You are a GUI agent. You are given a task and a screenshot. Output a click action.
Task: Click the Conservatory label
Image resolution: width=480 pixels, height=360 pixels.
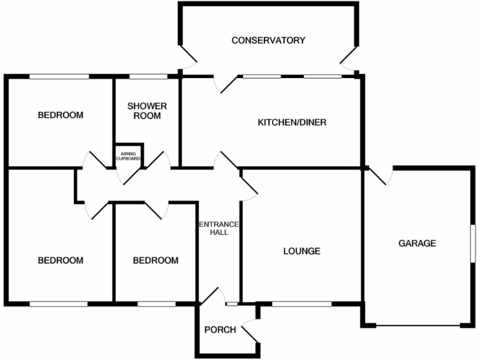pos(268,41)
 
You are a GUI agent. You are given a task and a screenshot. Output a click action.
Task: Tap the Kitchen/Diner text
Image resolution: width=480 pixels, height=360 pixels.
pos(292,122)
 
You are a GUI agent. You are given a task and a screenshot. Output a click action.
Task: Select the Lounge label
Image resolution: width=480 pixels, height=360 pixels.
pos(301,251)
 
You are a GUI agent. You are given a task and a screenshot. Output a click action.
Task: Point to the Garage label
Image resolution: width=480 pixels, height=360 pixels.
pos(417,243)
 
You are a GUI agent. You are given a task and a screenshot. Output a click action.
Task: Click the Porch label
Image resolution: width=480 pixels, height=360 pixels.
pos(220,329)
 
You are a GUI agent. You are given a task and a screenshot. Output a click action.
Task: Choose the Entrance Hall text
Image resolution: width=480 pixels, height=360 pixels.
pos(213,228)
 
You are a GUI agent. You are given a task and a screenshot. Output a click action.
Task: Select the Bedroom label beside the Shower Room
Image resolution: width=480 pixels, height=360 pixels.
pos(61,115)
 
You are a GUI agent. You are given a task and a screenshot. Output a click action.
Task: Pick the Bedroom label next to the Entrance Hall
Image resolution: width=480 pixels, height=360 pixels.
pos(156,261)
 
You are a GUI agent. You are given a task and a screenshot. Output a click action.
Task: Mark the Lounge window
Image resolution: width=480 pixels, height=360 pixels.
pos(302,304)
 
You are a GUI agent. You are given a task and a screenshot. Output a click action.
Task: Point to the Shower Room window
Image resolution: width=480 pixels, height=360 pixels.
pos(148,77)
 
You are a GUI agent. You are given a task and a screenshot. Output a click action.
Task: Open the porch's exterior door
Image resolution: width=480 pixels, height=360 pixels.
pos(250,331)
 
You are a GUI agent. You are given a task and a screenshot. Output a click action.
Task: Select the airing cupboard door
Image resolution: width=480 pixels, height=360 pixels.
pos(131,176)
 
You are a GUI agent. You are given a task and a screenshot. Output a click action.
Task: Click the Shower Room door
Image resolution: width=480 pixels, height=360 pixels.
pos(161,161)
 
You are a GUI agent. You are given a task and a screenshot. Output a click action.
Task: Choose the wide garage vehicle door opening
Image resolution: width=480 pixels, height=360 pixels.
pos(419,325)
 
